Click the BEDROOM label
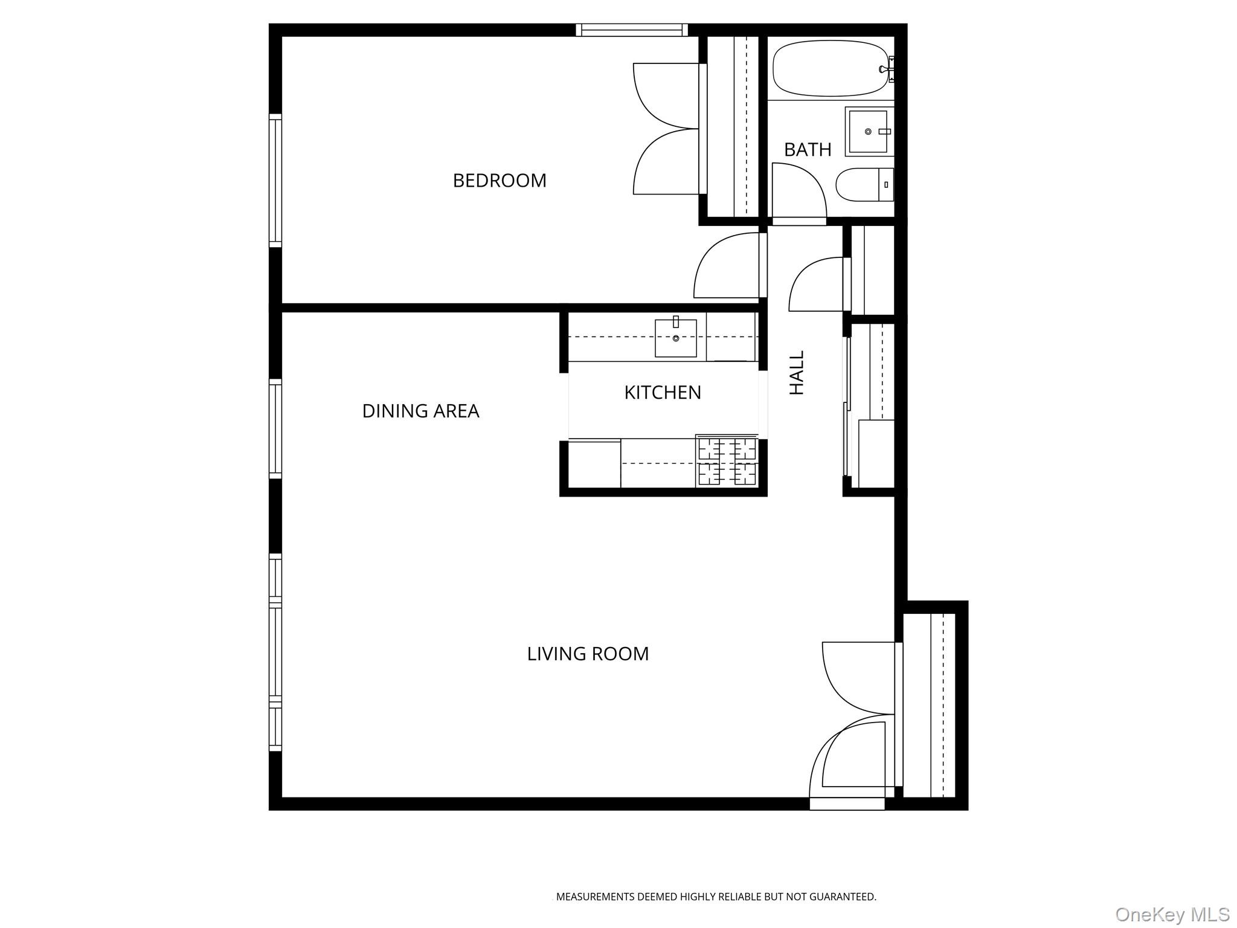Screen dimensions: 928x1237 point(500,181)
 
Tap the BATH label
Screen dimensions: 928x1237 point(808,150)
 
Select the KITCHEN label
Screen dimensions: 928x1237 point(663,393)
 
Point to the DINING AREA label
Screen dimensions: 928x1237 point(420,411)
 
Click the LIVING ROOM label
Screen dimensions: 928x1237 point(588,654)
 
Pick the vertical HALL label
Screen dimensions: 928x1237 point(797,373)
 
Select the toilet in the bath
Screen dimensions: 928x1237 point(864,184)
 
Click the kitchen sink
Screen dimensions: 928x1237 point(676,338)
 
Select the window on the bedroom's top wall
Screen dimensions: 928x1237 point(631,30)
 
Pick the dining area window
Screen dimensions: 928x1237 point(275,429)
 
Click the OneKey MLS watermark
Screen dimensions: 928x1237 point(1172,914)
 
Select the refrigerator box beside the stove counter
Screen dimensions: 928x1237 point(594,464)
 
